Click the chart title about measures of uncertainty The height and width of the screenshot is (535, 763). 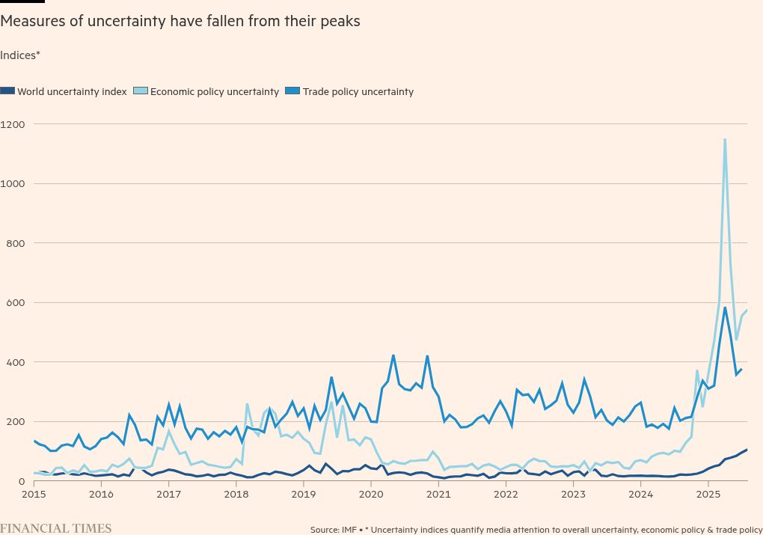pyautogui.click(x=180, y=21)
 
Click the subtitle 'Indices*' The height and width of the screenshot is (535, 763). pyautogui.click(x=20, y=55)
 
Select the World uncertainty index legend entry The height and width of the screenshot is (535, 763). pyautogui.click(x=72, y=92)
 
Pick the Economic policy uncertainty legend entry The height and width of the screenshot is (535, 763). pyautogui.click(x=214, y=92)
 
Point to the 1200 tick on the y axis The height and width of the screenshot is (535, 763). pyautogui.click(x=13, y=124)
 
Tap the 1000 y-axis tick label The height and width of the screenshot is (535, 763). pyautogui.click(x=13, y=183)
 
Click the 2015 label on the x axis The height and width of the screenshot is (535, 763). pyautogui.click(x=34, y=495)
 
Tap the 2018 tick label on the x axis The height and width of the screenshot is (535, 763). pyautogui.click(x=236, y=495)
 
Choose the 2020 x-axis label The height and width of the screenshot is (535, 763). pyautogui.click(x=371, y=495)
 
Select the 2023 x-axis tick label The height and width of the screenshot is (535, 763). pyautogui.click(x=573, y=495)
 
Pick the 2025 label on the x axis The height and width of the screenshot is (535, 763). pyautogui.click(x=708, y=495)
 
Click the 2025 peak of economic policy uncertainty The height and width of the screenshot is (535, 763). pyautogui.click(x=725, y=139)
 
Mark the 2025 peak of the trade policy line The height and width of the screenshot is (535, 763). pyautogui.click(x=725, y=308)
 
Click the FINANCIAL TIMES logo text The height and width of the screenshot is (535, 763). pyautogui.click(x=56, y=528)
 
